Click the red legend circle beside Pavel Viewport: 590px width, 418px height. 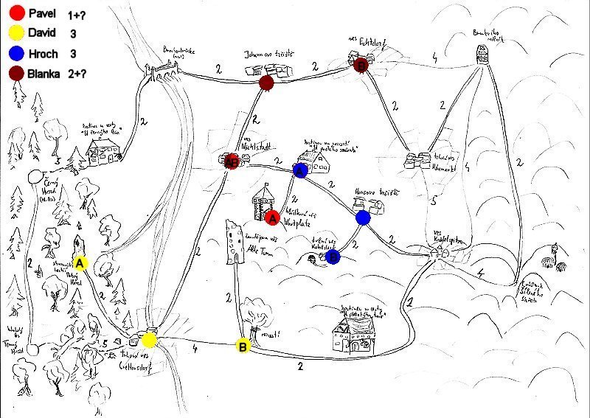click(15, 13)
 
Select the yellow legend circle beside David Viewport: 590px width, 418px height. click(15, 33)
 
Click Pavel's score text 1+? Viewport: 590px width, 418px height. click(77, 14)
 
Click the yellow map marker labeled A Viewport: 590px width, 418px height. click(80, 262)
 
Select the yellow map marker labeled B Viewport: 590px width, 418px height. click(243, 345)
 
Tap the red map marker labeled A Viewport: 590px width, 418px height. click(272, 217)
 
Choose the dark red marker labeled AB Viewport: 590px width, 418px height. click(231, 161)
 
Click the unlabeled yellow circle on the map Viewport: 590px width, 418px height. click(149, 340)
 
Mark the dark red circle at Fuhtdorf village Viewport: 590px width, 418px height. click(361, 66)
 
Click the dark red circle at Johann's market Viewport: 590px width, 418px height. click(267, 83)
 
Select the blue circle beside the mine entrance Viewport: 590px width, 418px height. click(333, 257)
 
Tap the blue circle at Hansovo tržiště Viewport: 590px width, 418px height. click(362, 217)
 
